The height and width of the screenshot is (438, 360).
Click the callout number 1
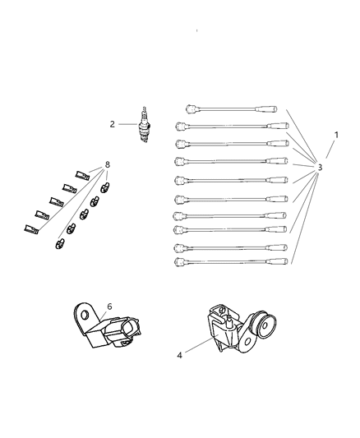335,134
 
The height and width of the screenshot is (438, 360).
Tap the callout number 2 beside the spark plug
113,124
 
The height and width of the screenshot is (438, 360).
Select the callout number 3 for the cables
320,168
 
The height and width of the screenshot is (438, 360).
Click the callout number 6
109,307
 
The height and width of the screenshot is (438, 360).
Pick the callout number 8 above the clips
107,165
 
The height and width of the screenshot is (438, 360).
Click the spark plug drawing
145,125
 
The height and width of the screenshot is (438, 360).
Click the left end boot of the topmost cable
190,108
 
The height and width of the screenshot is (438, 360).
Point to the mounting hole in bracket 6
84,315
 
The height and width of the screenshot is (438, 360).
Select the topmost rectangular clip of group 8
82,174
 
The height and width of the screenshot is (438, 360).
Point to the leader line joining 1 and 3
328,150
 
